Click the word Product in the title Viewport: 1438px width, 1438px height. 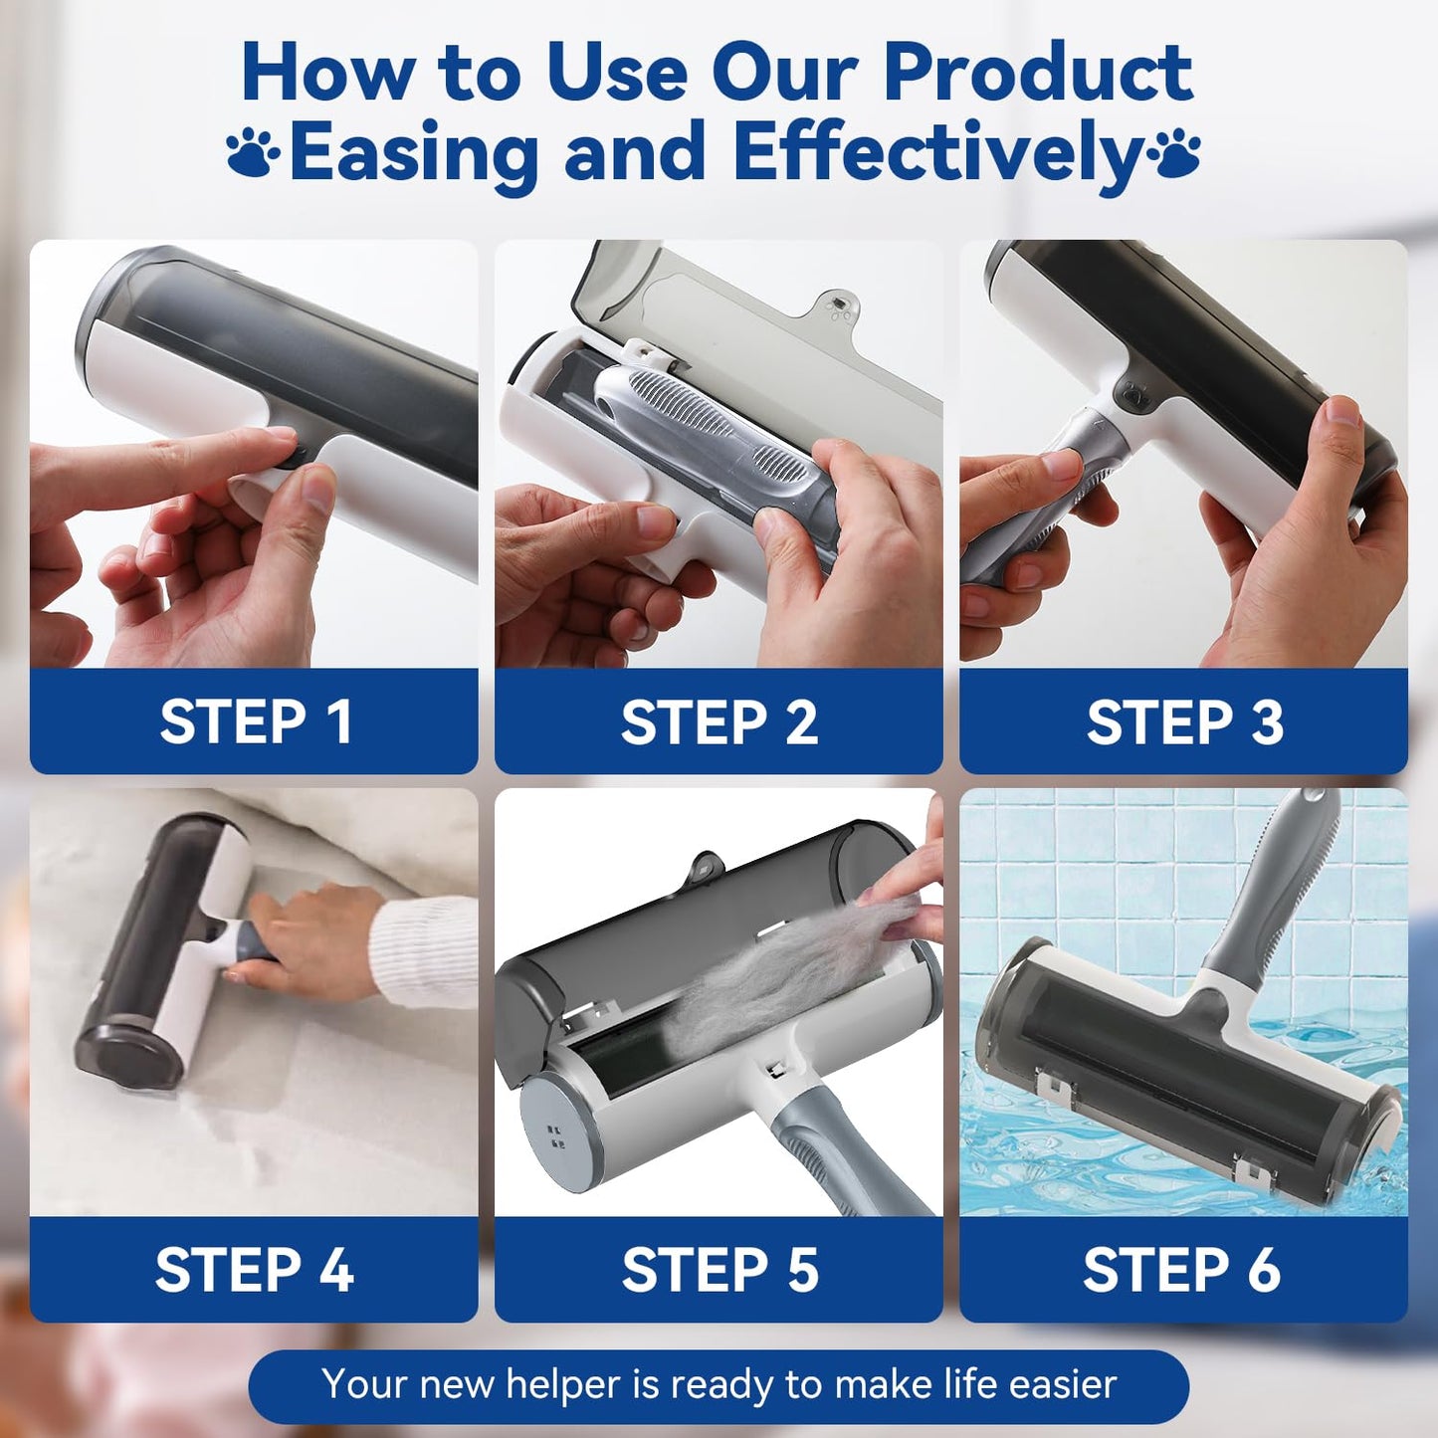tap(1039, 74)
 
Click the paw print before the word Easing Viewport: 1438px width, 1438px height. tap(253, 151)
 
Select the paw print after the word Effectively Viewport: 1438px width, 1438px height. tap(1174, 151)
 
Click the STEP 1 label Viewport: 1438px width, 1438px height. tap(255, 721)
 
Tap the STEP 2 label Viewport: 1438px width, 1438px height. tap(719, 721)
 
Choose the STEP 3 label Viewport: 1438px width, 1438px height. tap(1184, 721)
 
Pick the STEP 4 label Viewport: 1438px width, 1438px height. tap(254, 1269)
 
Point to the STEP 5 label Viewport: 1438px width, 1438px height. tap(719, 1269)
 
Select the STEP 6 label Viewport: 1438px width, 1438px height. tap(1182, 1269)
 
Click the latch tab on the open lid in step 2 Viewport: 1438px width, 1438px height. tap(836, 306)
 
